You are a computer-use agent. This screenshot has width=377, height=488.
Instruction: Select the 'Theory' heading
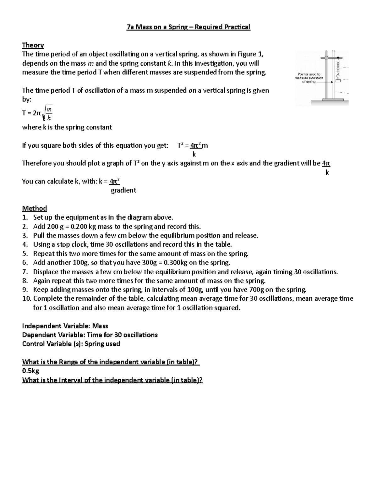tap(33, 45)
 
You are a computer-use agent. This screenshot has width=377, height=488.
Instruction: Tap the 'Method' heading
tap(34, 208)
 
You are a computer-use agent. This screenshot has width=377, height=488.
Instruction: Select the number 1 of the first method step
tap(25, 217)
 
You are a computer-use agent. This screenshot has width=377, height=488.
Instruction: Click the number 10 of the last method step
tap(26, 299)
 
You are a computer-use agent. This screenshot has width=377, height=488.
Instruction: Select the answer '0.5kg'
tap(30, 371)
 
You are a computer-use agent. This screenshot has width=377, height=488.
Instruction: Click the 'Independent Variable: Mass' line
tap(65, 326)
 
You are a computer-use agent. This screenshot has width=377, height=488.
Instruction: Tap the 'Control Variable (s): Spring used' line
tap(71, 344)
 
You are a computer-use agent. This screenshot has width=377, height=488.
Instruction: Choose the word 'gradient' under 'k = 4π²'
tap(123, 190)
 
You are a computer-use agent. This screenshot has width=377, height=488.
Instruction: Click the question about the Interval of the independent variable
tap(112, 380)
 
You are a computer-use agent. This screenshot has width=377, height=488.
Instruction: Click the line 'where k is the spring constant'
tap(67, 127)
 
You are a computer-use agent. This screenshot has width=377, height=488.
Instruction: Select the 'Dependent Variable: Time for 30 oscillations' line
tap(90, 335)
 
